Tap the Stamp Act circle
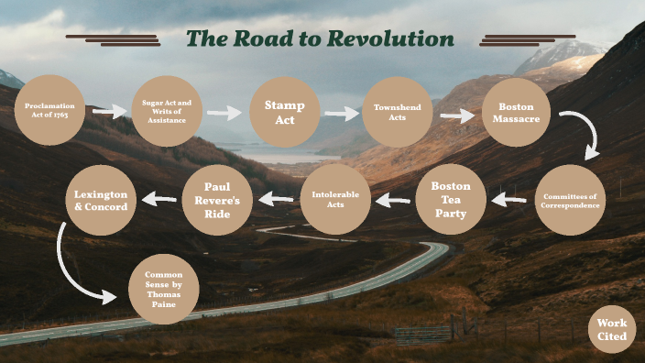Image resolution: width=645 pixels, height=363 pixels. click(x=285, y=113)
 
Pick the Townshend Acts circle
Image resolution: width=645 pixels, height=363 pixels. click(x=398, y=112)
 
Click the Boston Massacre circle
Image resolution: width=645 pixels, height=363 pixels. click(x=516, y=113)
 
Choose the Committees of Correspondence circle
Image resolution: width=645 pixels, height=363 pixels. click(x=571, y=200)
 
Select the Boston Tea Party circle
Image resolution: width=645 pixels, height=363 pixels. click(x=451, y=199)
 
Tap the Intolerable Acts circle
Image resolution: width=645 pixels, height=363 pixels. click(x=335, y=198)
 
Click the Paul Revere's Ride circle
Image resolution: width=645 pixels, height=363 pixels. click(x=217, y=199)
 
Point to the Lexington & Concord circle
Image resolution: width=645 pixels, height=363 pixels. click(x=101, y=200)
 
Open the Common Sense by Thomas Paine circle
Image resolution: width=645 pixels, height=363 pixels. click(x=164, y=289)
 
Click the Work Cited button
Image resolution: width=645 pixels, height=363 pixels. click(x=611, y=330)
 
